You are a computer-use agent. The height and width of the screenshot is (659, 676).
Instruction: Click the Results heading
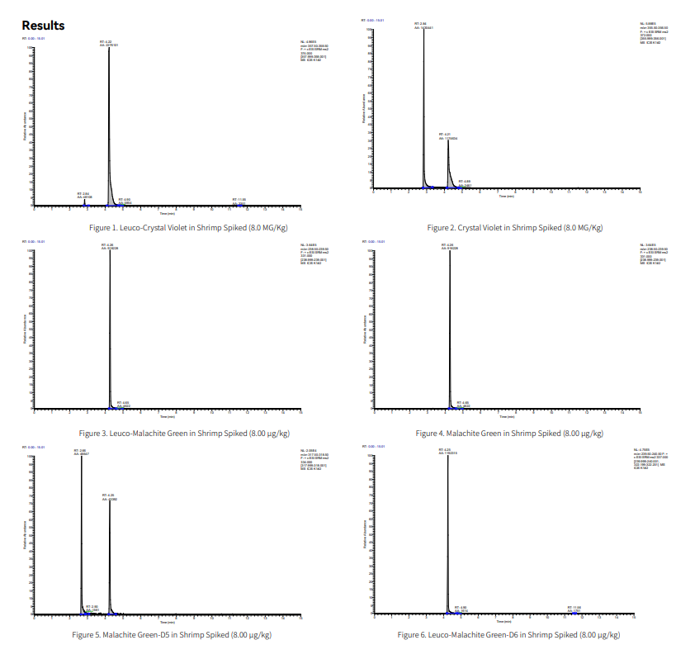point(43,26)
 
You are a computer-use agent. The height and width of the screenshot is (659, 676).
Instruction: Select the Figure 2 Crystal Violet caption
point(514,227)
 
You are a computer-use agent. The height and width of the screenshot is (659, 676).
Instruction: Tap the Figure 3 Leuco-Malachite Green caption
point(184,433)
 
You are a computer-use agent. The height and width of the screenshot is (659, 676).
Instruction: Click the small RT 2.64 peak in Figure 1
point(83,202)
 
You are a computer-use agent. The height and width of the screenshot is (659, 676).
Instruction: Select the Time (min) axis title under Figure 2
point(506,197)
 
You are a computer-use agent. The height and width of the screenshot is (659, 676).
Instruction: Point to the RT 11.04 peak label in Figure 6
point(574,608)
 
